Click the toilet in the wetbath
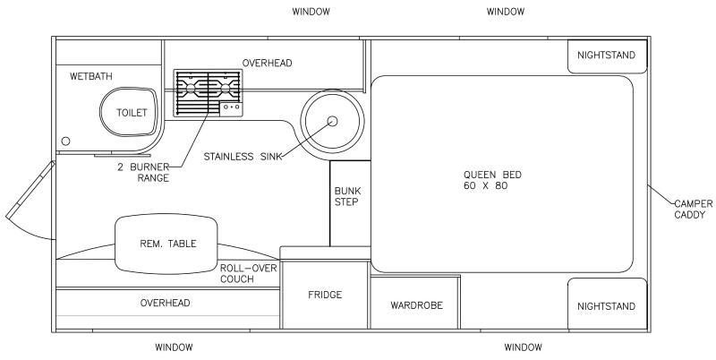coord(129,112)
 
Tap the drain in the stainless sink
coord(332,121)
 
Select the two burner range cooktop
coord(208,93)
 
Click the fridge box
coord(325,295)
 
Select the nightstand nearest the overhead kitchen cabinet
coord(608,56)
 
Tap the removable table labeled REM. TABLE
coord(166,244)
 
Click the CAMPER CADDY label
coord(693,210)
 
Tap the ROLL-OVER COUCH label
coord(249,273)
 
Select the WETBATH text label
coord(91,76)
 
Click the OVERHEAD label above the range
coord(267,63)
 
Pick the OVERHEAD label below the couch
coord(166,303)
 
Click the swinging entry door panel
coord(30,190)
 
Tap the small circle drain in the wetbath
coord(65,141)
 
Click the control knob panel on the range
coord(231,108)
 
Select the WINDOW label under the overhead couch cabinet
coord(174,347)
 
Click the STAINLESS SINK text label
coord(242,156)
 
